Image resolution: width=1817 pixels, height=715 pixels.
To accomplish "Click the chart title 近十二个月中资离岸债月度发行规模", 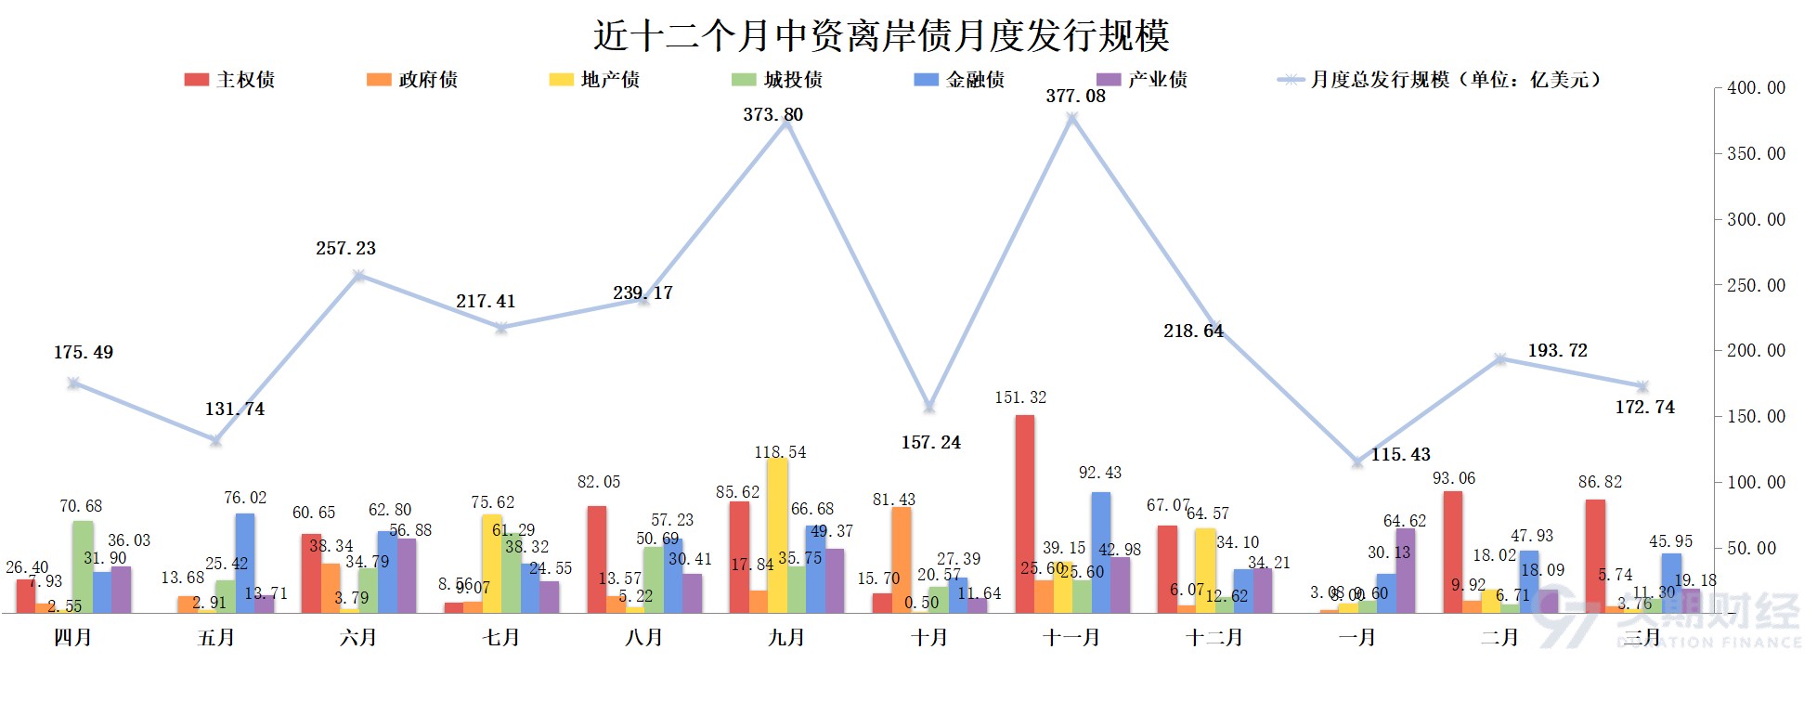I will pos(880,36).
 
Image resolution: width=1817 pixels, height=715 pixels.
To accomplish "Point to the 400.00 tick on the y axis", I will pos(1755,88).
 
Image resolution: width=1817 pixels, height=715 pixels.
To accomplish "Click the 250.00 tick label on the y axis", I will pos(1755,285).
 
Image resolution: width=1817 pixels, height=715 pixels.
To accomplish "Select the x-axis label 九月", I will pos(786,638).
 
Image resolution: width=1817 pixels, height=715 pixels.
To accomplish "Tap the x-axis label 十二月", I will pos(1213,638).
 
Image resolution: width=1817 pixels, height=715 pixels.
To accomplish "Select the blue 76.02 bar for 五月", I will pos(244,563).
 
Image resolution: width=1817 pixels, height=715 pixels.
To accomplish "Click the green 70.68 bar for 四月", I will pos(83,566).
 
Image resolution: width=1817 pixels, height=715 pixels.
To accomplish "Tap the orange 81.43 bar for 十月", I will pos(901,560).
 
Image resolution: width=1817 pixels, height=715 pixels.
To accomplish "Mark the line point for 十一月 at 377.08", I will pos(1071,119).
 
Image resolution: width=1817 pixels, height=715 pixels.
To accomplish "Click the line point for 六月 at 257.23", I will pos(358,276).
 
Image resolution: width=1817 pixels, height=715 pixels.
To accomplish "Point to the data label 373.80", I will pos(772,114).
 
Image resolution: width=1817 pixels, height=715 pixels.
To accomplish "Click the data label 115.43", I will pos(1400,454).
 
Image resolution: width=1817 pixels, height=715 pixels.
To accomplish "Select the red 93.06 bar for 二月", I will pos(1452,552).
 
